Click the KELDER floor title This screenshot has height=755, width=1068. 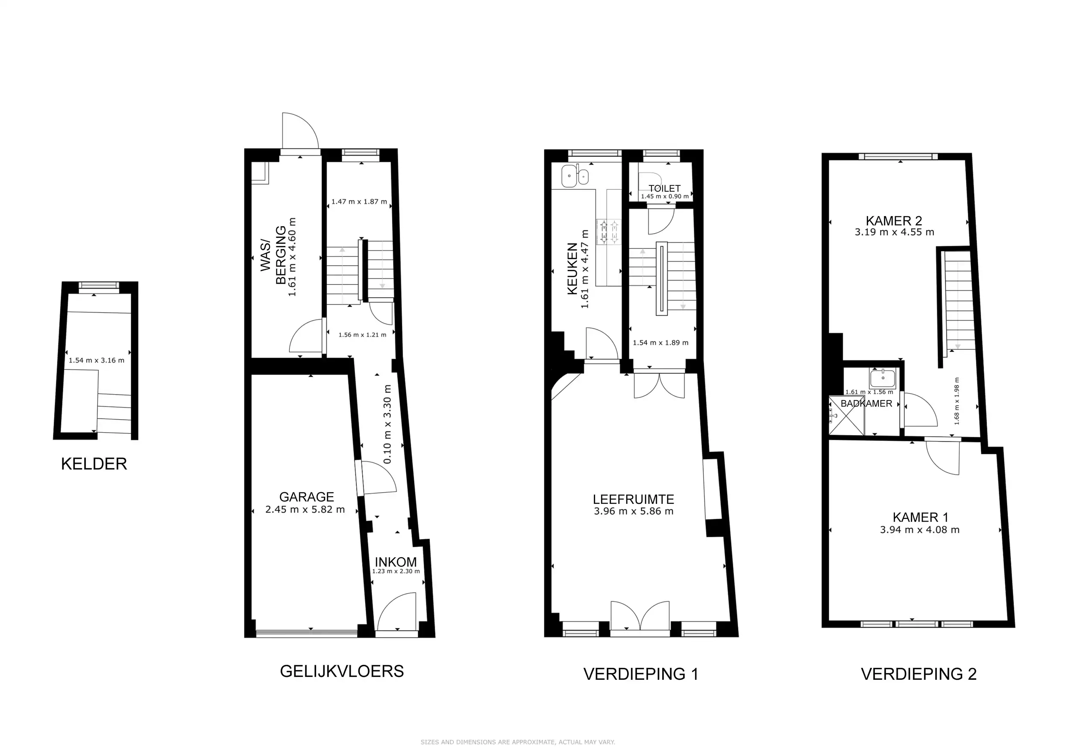pyautogui.click(x=94, y=464)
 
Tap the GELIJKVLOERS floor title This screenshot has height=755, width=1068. pyautogui.click(x=342, y=671)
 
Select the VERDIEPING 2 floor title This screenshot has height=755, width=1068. pyautogui.click(x=918, y=674)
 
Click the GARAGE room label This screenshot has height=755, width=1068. pyautogui.click(x=307, y=497)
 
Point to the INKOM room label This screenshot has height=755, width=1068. pyautogui.click(x=396, y=562)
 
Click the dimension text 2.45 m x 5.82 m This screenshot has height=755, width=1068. pyautogui.click(x=305, y=509)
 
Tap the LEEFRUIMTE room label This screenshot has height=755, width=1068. pyautogui.click(x=633, y=499)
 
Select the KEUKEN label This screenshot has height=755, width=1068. pyautogui.click(x=572, y=269)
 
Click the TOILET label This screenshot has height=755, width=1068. pyautogui.click(x=664, y=188)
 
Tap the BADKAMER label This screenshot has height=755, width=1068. pyautogui.click(x=866, y=404)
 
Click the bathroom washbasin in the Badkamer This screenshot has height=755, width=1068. pyautogui.click(x=883, y=378)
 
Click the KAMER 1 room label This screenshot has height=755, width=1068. pyautogui.click(x=920, y=517)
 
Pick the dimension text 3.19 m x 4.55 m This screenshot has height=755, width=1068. pyautogui.click(x=894, y=232)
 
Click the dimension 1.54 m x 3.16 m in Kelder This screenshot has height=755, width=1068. pyautogui.click(x=96, y=360)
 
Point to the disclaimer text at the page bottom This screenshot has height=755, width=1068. pyautogui.click(x=518, y=742)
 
